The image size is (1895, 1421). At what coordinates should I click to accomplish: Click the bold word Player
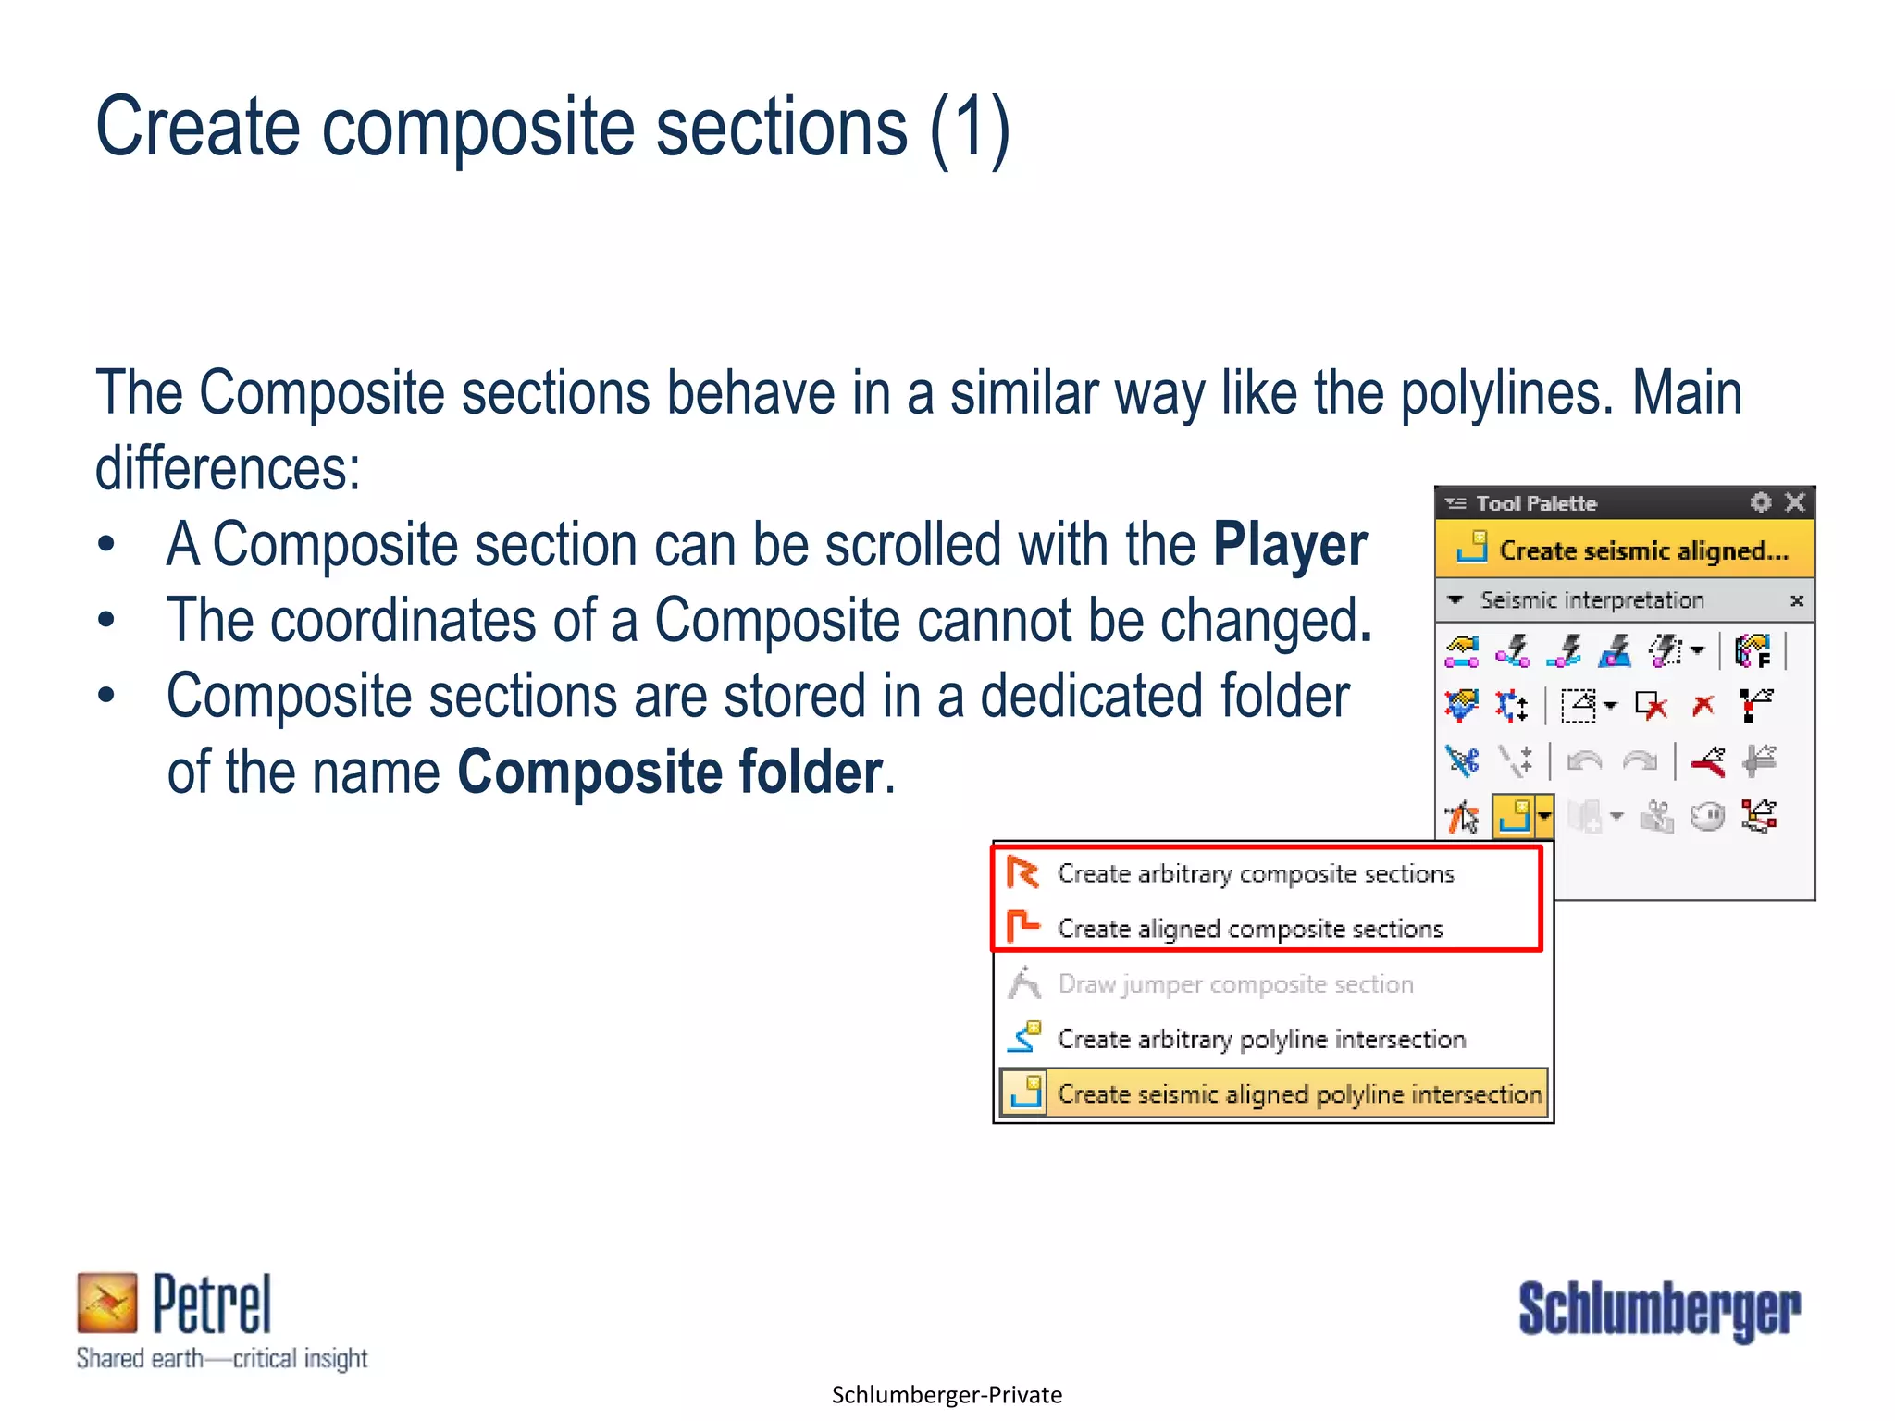click(x=1289, y=545)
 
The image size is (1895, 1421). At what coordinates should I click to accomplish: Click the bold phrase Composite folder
click(x=670, y=772)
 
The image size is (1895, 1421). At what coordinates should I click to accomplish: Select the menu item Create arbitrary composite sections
click(x=1255, y=874)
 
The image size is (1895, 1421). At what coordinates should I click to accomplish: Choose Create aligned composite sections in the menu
click(x=1249, y=929)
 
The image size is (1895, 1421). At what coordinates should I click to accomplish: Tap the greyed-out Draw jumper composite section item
click(x=1234, y=984)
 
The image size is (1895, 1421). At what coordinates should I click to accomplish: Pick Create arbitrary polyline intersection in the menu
click(x=1260, y=1040)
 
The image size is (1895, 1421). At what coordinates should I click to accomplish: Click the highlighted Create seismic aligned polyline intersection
click(x=1298, y=1094)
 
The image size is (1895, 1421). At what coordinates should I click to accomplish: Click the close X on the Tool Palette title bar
click(x=1795, y=502)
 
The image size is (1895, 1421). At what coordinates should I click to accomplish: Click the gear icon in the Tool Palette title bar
click(x=1761, y=502)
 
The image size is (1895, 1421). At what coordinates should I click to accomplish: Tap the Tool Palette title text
click(x=1536, y=503)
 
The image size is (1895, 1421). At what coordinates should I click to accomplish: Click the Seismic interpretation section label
click(x=1592, y=600)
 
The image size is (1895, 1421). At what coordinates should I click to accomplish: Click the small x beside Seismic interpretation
click(x=1797, y=601)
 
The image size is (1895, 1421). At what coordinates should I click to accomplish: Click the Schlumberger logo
click(x=1659, y=1310)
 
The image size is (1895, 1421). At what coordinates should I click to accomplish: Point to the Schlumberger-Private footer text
click(x=947, y=1395)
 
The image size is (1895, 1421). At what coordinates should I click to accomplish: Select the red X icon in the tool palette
click(x=1703, y=706)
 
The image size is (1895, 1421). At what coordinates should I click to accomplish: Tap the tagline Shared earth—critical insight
click(x=222, y=1358)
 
